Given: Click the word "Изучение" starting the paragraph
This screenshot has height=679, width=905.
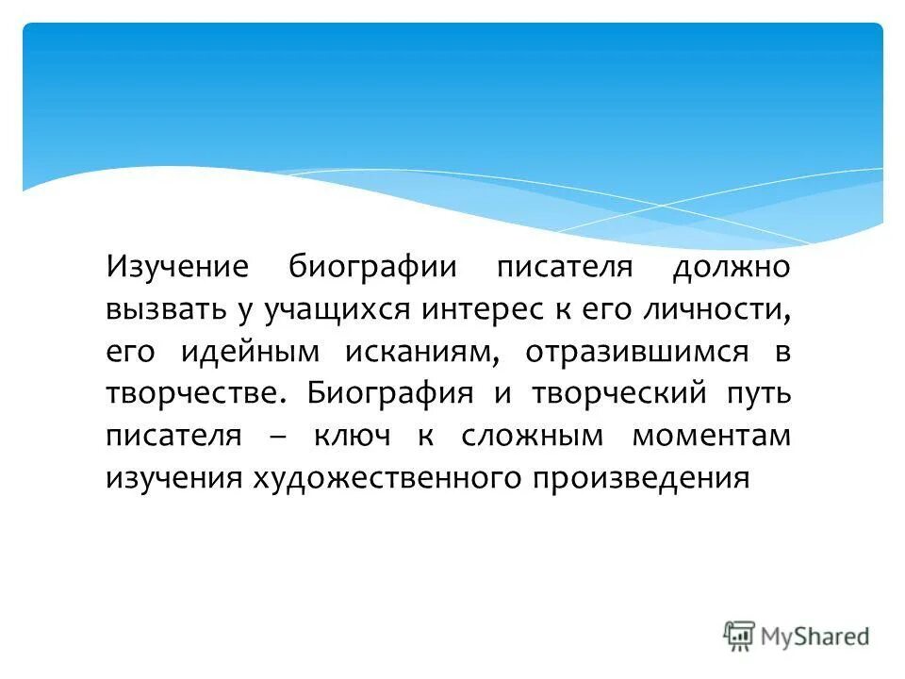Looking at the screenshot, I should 176,266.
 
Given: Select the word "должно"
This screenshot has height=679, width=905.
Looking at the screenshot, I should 731,268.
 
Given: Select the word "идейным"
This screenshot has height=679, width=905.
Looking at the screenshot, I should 249,351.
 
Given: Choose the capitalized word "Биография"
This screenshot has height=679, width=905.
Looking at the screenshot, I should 389,394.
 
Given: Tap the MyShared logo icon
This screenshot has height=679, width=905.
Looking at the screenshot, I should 738,635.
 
